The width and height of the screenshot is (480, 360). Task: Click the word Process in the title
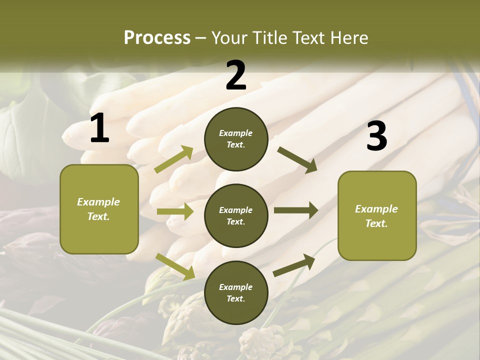tap(157, 38)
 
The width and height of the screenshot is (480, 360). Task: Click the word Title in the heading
tap(269, 38)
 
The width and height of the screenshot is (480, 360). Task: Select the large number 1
tap(99, 129)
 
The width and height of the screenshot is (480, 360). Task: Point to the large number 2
tap(236, 76)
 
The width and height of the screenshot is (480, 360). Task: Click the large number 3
tap(376, 136)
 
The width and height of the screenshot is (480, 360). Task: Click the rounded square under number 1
tap(99, 209)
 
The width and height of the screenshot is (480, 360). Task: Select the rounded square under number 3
tap(377, 216)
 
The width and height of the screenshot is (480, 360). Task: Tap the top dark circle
tap(236, 139)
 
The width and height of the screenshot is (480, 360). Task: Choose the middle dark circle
tap(236, 215)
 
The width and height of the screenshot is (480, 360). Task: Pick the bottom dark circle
tap(236, 292)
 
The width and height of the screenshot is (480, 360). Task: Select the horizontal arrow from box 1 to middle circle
tap(175, 211)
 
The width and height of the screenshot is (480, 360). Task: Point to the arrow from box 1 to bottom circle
tap(175, 266)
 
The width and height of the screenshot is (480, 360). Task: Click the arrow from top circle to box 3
tap(297, 160)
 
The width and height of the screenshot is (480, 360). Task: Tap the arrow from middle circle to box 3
tap(296, 210)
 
